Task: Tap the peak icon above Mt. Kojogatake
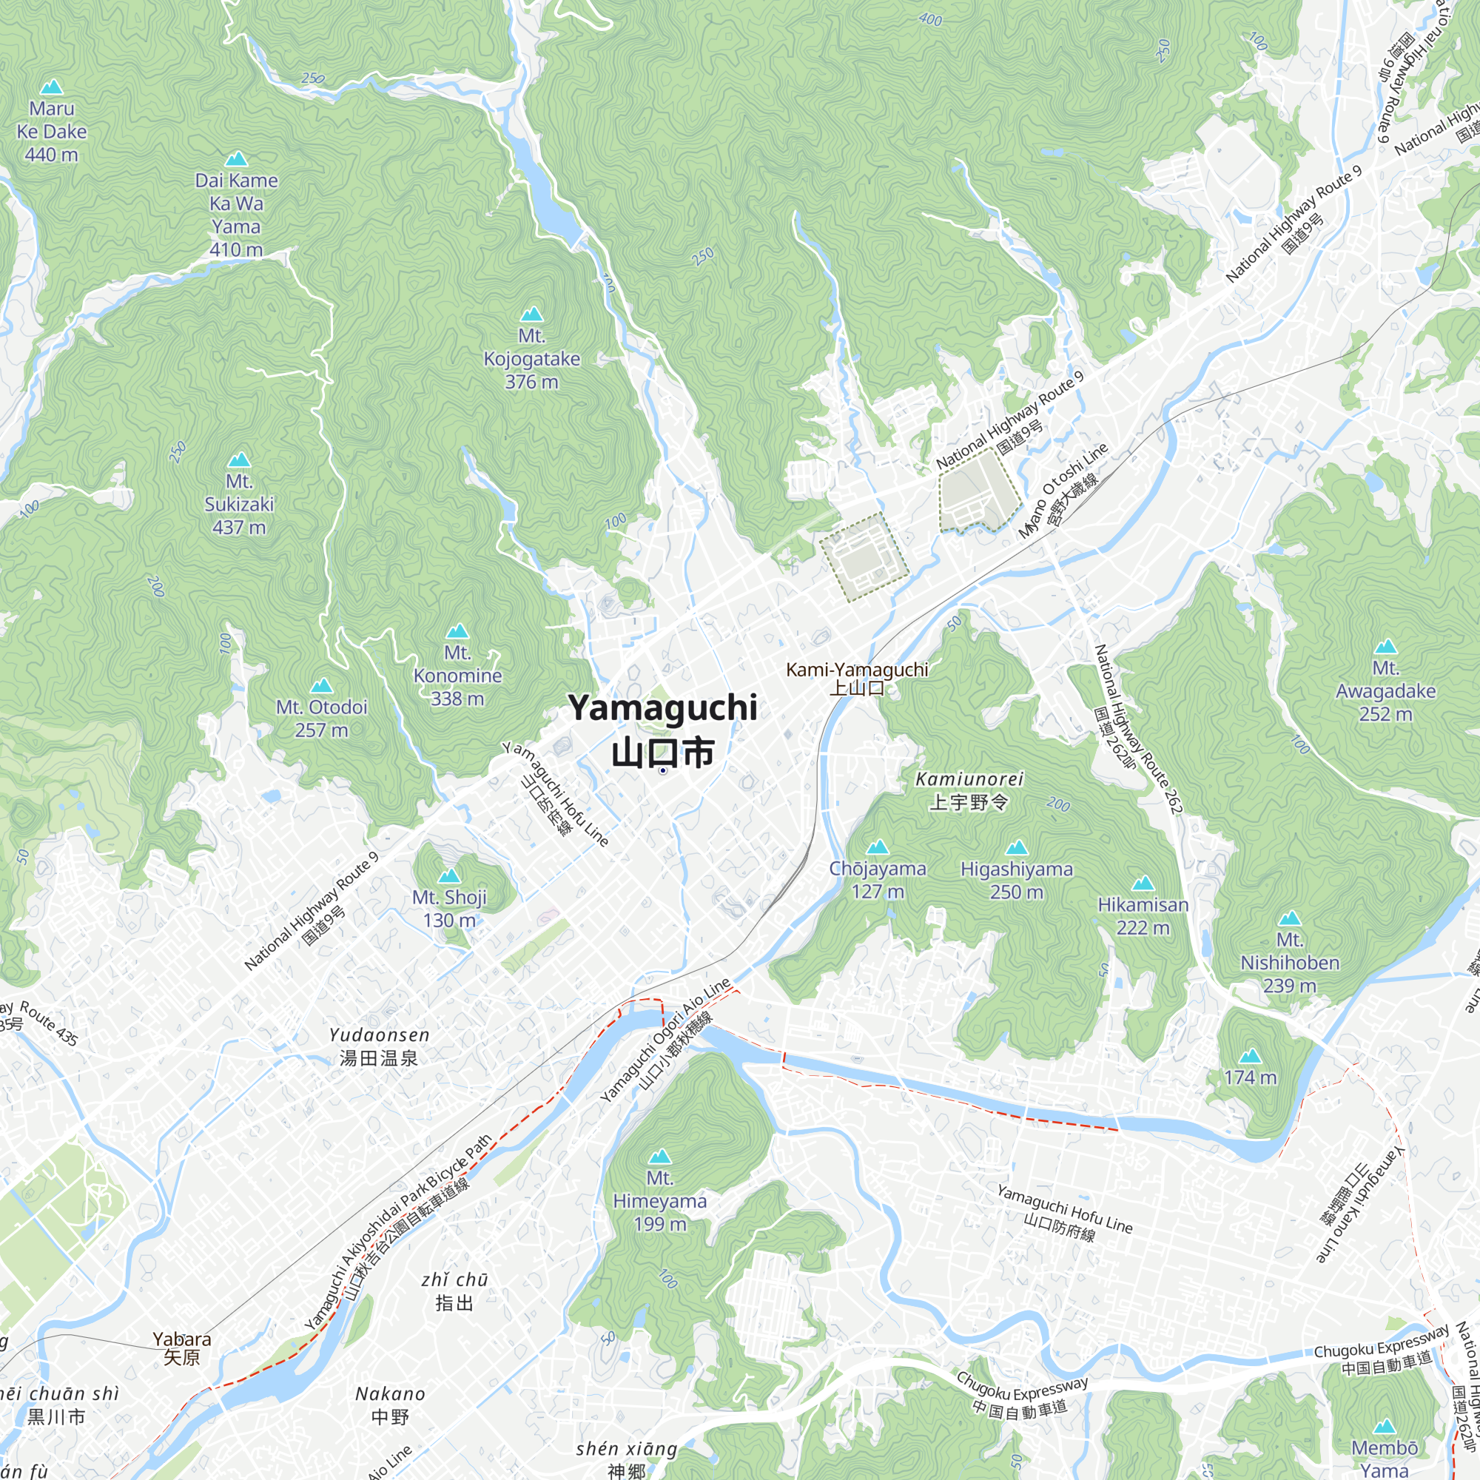pyautogui.click(x=531, y=314)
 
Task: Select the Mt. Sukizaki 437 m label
pyautogui.click(x=239, y=504)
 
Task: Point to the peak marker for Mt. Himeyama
pyautogui.click(x=659, y=1156)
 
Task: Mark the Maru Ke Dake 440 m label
pyautogui.click(x=51, y=131)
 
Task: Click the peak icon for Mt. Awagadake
pyautogui.click(x=1385, y=647)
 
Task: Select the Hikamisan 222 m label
pyautogui.click(x=1143, y=915)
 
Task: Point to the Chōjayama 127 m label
pyautogui.click(x=878, y=879)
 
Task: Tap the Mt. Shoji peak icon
pyautogui.click(x=449, y=875)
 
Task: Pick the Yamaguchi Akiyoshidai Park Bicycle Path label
pyautogui.click(x=398, y=1232)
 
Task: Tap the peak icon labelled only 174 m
pyautogui.click(x=1250, y=1057)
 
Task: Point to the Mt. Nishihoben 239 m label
pyautogui.click(x=1290, y=962)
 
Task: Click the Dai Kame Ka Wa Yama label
pyautogui.click(x=236, y=215)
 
